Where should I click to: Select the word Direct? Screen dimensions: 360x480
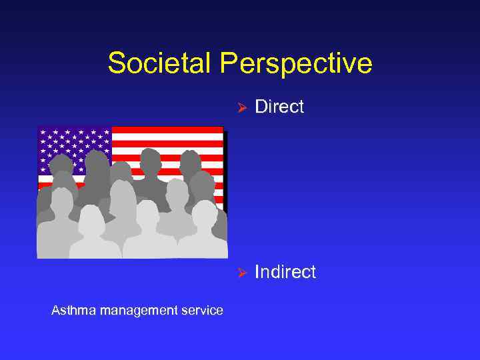coord(279,107)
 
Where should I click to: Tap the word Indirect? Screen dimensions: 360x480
coord(285,272)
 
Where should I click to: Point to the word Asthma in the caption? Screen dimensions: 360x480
coord(71,310)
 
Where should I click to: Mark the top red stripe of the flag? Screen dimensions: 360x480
coord(167,130)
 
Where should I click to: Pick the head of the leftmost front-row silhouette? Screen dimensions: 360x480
coord(61,200)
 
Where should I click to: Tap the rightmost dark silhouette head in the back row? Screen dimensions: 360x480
coord(190,161)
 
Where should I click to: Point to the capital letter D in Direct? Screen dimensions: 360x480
coord(261,107)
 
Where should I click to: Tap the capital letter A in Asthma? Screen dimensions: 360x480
coord(55,310)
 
